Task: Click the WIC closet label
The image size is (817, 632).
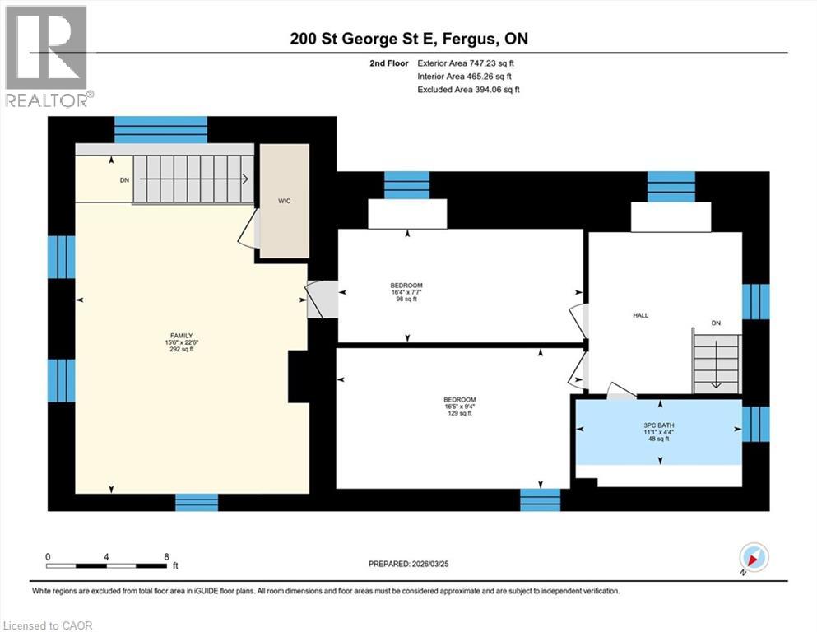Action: pos(284,201)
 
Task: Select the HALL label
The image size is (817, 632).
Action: pos(641,315)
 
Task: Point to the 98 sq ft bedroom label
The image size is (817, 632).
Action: pos(406,292)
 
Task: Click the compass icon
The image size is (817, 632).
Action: pos(754,558)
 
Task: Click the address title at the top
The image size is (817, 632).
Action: pos(408,39)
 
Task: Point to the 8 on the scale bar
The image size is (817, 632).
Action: pos(167,556)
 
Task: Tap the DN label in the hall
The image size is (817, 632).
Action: pos(716,323)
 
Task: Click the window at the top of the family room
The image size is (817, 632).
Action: pos(160,129)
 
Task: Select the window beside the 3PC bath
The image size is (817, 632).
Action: pos(755,423)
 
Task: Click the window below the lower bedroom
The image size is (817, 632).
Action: pos(540,499)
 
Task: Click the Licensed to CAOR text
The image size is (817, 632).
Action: pos(49,625)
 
